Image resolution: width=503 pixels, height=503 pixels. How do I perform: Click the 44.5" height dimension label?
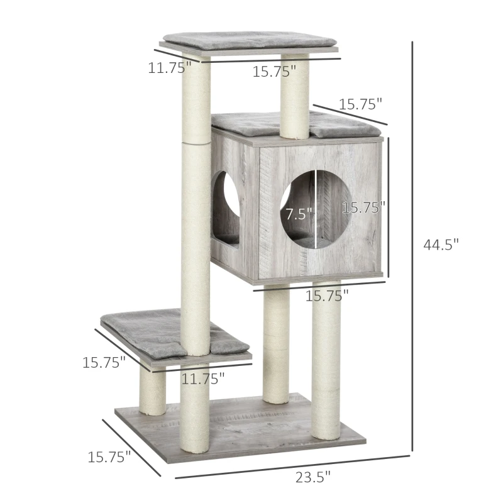(x=441, y=245)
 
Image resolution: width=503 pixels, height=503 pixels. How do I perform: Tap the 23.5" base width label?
(x=312, y=477)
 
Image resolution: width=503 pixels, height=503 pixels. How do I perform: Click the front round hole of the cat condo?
(x=312, y=207)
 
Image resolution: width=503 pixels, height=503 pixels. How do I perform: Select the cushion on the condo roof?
(x=264, y=124)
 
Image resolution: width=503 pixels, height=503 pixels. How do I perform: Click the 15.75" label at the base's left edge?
(x=109, y=457)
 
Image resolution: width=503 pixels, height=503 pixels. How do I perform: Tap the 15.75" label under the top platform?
(x=274, y=72)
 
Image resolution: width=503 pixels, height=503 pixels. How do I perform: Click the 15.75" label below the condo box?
(x=327, y=295)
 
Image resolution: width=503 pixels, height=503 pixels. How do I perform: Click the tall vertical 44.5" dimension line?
(x=412, y=245)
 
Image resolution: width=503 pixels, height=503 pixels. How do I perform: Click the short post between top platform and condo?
(x=294, y=94)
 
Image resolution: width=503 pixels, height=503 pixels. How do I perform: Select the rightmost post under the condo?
(x=326, y=358)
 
